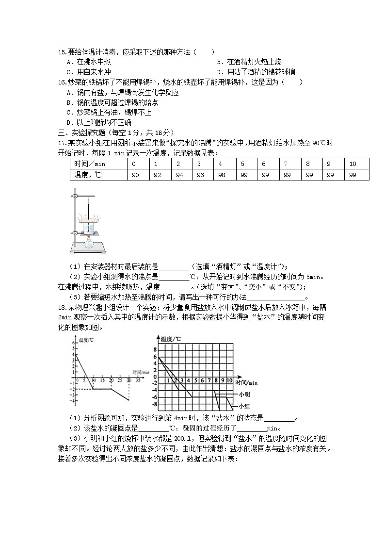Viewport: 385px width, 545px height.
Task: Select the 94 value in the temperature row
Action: (179, 175)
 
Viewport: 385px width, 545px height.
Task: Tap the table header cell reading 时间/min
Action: (98, 164)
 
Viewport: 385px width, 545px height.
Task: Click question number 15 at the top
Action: (62, 52)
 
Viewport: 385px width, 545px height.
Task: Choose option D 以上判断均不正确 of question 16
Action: (97, 122)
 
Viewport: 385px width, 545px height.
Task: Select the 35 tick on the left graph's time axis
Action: (138, 380)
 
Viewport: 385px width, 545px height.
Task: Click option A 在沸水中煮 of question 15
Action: (90, 62)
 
